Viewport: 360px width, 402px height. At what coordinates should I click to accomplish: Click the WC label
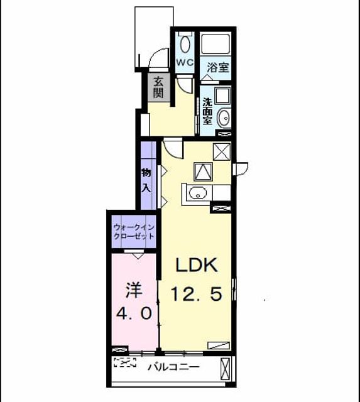[185, 62]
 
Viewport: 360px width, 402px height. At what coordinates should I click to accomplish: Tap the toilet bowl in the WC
[185, 45]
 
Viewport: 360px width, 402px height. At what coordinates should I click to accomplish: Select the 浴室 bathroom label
[217, 67]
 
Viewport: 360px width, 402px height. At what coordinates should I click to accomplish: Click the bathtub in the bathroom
[215, 43]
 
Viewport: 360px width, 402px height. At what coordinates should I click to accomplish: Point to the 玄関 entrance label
[158, 87]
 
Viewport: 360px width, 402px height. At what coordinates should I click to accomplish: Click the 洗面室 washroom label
[207, 111]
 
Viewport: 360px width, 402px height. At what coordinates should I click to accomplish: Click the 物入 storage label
[146, 181]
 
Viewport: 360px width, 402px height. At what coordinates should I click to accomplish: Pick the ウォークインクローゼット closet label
[134, 232]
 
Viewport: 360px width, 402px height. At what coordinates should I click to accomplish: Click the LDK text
[196, 265]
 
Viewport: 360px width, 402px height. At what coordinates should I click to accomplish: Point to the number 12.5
[196, 294]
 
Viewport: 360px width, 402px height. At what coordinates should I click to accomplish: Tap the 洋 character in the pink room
[134, 290]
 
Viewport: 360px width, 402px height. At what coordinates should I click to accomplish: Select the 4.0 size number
[134, 313]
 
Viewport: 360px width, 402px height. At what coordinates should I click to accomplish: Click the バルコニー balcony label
[173, 367]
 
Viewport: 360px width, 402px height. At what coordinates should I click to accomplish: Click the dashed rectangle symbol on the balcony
[125, 362]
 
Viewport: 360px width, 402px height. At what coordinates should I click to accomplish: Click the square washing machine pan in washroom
[223, 95]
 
